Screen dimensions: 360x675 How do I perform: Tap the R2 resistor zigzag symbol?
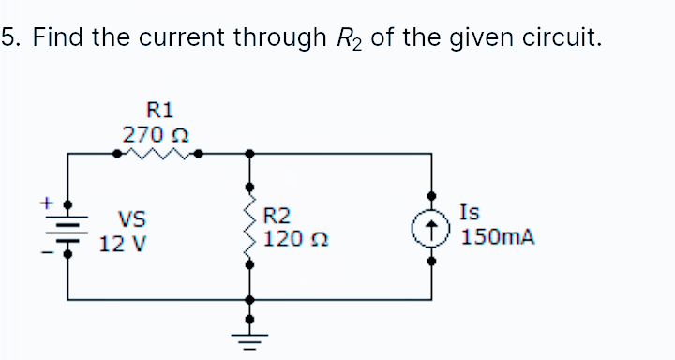pos(248,226)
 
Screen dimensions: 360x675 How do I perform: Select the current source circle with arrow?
pos(432,226)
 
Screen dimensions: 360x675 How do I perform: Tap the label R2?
pos(277,216)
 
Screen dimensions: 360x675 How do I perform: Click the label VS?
pos(130,221)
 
